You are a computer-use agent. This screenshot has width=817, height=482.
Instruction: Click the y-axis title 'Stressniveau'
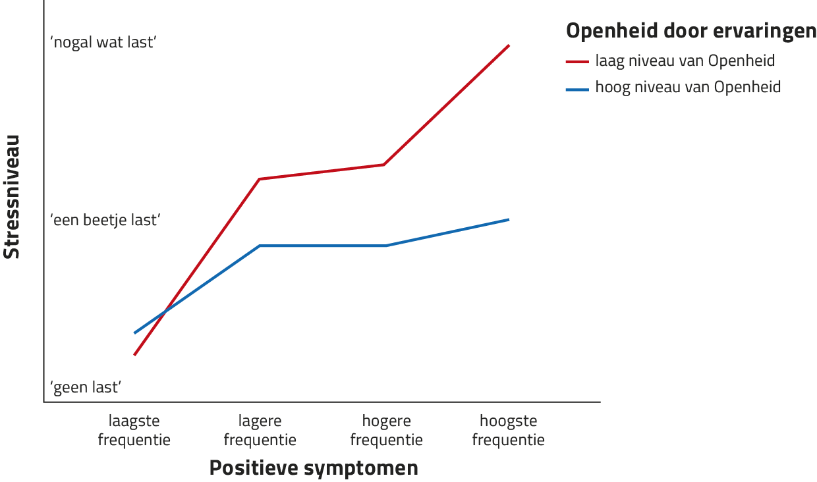(x=12, y=197)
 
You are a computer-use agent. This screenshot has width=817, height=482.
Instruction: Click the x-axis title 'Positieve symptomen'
(x=314, y=468)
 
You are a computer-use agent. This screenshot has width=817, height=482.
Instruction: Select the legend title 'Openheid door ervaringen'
(x=691, y=31)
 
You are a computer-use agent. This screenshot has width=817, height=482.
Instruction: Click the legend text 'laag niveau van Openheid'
(x=685, y=61)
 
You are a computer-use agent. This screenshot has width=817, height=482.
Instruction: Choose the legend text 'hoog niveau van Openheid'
(x=688, y=87)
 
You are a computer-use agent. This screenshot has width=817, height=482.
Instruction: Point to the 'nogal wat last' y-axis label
(x=103, y=43)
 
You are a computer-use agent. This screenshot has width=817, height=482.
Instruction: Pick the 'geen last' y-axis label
(x=86, y=387)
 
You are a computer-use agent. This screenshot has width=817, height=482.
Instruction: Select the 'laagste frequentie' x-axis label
(x=134, y=430)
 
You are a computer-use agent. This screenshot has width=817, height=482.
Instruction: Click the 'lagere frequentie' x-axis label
(x=260, y=430)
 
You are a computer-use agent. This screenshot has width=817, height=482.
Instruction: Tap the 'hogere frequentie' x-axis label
(x=386, y=430)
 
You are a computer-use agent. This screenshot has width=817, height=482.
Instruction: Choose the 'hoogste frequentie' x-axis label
(x=509, y=430)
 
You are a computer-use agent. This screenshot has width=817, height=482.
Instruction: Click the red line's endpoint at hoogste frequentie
(x=509, y=45)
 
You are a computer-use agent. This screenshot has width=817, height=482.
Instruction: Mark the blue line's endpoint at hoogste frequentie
(x=509, y=219)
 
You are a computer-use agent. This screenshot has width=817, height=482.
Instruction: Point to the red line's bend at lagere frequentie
(x=260, y=178)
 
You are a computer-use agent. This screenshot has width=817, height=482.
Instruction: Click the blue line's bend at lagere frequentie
(x=260, y=246)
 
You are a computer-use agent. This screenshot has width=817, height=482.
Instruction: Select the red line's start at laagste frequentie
(x=134, y=354)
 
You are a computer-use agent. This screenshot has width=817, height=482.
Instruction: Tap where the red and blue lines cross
(x=163, y=312)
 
